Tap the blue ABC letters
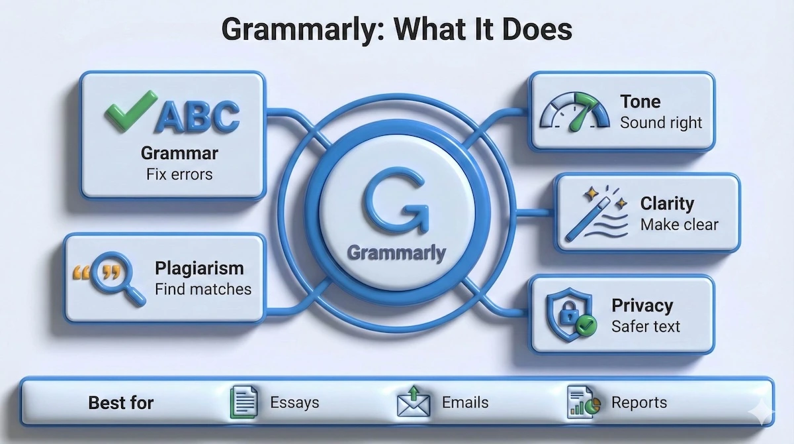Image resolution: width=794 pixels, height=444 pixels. (196, 117)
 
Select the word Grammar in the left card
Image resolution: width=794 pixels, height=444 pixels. (179, 154)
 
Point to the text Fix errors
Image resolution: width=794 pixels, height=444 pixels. (179, 175)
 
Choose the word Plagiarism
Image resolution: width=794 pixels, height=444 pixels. (199, 268)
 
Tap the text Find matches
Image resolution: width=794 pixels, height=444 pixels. (203, 289)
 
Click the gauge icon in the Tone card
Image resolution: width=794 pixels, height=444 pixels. (574, 112)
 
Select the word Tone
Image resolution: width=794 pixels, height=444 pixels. (640, 101)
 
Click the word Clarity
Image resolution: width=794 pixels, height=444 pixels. (667, 203)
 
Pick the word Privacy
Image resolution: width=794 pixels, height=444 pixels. (642, 305)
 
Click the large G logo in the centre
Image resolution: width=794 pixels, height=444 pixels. (396, 199)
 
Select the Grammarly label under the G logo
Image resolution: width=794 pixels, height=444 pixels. (396, 253)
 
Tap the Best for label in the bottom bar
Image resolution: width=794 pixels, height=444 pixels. (121, 403)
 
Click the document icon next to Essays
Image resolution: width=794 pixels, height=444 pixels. (243, 402)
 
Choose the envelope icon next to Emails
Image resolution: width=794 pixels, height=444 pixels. (414, 402)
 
